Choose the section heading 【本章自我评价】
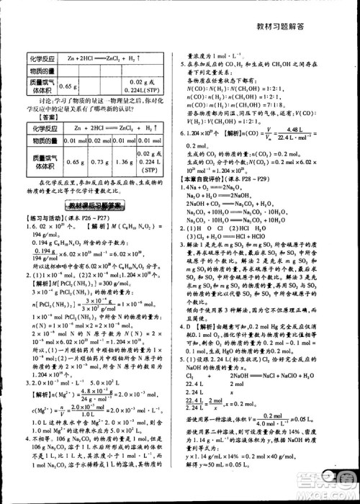[211, 176]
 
